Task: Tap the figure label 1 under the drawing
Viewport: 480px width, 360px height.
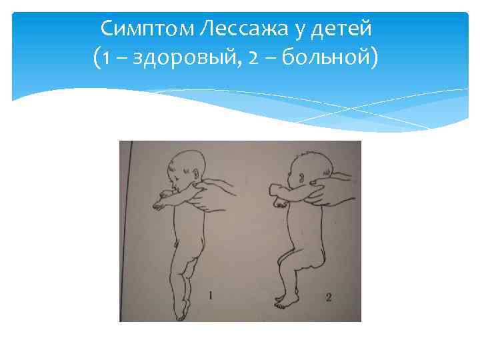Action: click(x=211, y=294)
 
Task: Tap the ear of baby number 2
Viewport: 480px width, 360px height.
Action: click(x=302, y=179)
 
